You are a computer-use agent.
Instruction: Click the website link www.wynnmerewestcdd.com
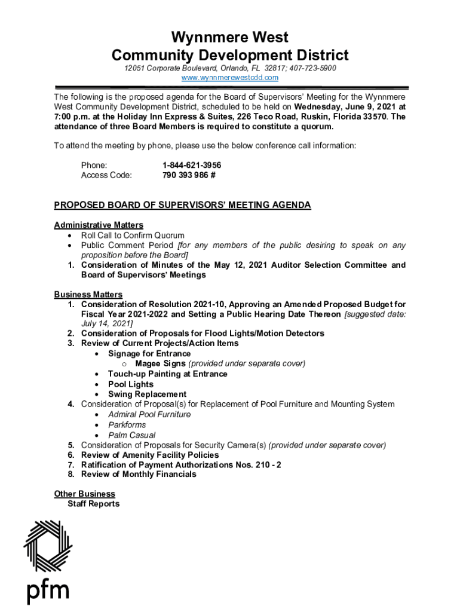pyautogui.click(x=230, y=78)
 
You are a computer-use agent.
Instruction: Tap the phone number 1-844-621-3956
pyautogui.click(x=188, y=165)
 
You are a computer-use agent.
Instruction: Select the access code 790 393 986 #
pyautogui.click(x=189, y=175)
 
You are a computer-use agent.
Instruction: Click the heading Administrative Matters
pyautogui.click(x=99, y=225)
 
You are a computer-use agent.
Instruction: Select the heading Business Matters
pyautogui.click(x=88, y=295)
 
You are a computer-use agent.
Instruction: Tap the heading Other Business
pyautogui.click(x=84, y=494)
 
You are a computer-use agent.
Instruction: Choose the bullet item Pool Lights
pyautogui.click(x=130, y=384)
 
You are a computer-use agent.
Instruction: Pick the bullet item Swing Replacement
pyautogui.click(x=147, y=394)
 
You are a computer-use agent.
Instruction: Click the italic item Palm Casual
pyautogui.click(x=132, y=435)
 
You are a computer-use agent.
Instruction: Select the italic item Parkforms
pyautogui.click(x=127, y=425)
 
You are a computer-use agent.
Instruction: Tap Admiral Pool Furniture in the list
pyautogui.click(x=149, y=415)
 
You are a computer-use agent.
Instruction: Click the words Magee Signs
pyautogui.click(x=160, y=363)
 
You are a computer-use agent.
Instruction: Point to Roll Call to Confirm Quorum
pyautogui.click(x=133, y=235)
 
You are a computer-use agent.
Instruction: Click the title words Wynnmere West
pyautogui.click(x=230, y=38)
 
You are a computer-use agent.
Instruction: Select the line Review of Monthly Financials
pyautogui.click(x=139, y=475)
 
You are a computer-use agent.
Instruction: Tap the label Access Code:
pyautogui.click(x=106, y=175)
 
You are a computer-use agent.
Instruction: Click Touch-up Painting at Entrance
pyautogui.click(x=167, y=374)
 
